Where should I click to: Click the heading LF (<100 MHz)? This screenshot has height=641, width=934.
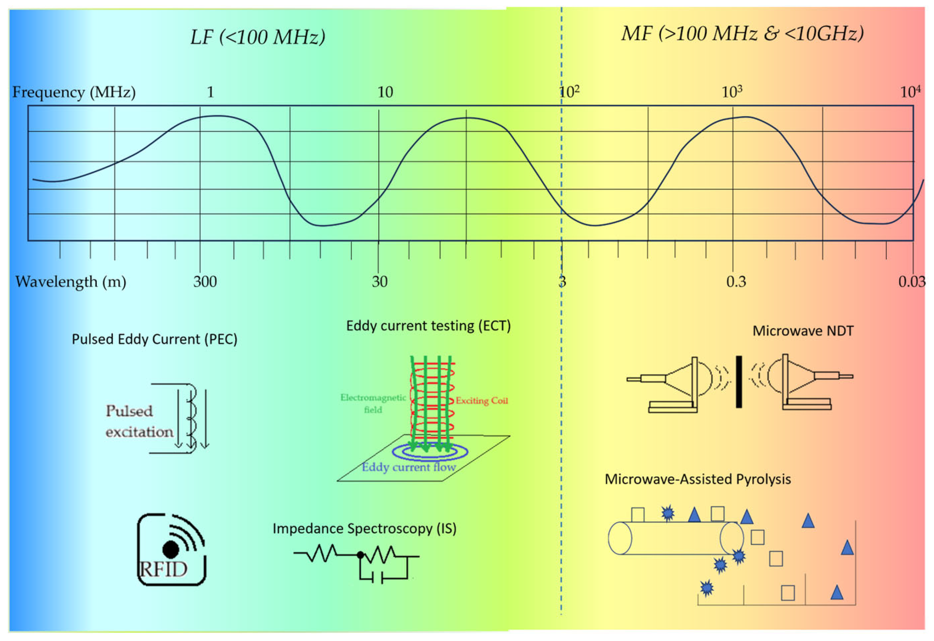tap(258, 37)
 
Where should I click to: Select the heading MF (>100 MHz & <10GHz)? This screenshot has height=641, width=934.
tap(742, 33)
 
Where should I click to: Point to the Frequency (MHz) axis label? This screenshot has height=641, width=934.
tap(74, 92)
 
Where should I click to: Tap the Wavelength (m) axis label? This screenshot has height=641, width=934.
tap(71, 282)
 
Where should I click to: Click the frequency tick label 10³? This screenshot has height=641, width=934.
tap(731, 92)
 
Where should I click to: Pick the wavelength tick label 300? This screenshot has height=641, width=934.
tap(205, 282)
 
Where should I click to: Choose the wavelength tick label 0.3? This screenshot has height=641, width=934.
tap(736, 282)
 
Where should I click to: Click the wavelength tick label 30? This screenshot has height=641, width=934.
tap(379, 282)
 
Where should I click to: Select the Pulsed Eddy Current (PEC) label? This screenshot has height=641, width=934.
tap(154, 339)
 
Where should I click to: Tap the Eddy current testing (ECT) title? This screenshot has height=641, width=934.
tap(428, 325)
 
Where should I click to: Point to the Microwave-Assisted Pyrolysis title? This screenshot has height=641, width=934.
tap(698, 479)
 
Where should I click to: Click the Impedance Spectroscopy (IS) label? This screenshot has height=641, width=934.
tap(364, 529)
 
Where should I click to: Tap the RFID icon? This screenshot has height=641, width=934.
tap(171, 549)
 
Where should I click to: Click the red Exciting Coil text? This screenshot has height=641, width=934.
tap(481, 400)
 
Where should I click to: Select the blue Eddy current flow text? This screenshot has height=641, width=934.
tap(409, 467)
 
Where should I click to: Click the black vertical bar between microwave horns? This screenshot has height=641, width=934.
tap(739, 382)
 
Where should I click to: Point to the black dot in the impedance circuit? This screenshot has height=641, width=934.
tap(361, 555)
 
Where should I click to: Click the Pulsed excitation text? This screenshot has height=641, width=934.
tap(139, 421)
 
